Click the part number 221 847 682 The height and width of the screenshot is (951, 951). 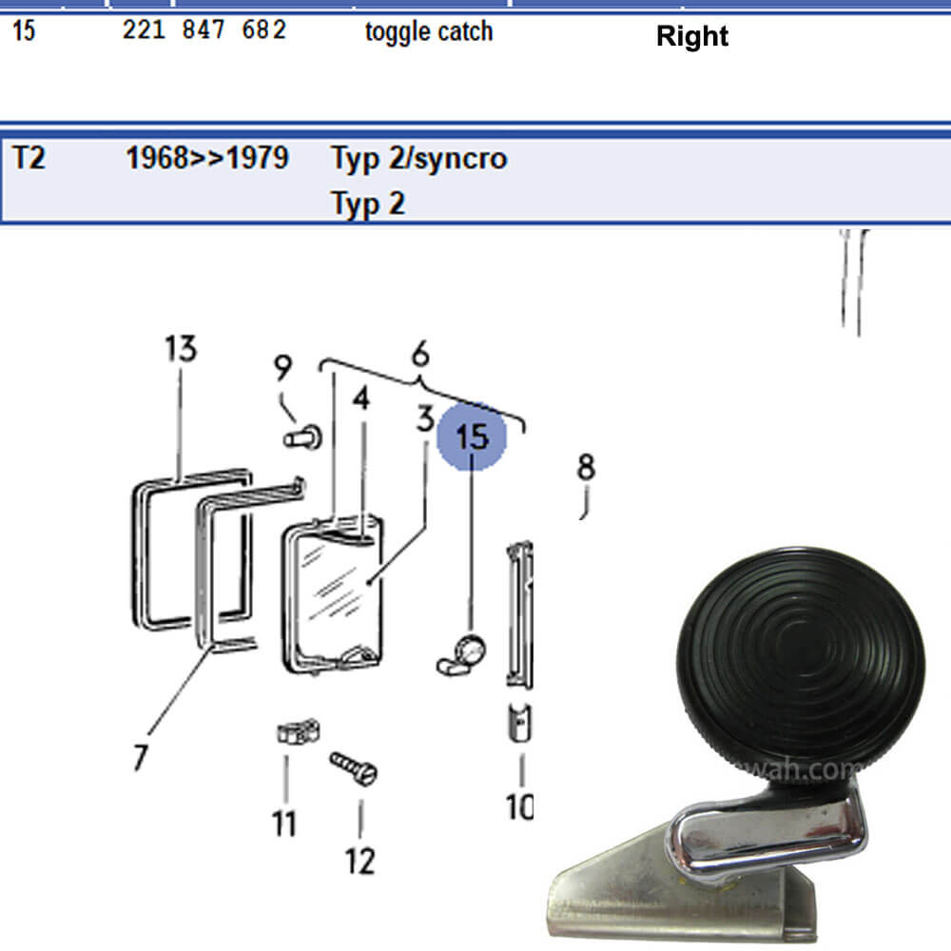pyautogui.click(x=204, y=30)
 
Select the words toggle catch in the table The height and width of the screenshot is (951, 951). pyautogui.click(x=429, y=31)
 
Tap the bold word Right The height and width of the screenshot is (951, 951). pyautogui.click(x=692, y=37)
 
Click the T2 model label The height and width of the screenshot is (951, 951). pyautogui.click(x=29, y=158)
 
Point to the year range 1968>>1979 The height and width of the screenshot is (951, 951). pyautogui.click(x=206, y=158)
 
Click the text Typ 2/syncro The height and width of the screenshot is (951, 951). pyautogui.click(x=418, y=158)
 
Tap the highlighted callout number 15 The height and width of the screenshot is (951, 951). pyautogui.click(x=473, y=437)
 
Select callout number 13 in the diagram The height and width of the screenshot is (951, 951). pyautogui.click(x=180, y=349)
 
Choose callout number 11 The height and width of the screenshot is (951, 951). pyautogui.click(x=284, y=823)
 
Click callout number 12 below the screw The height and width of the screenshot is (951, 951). pyautogui.click(x=360, y=861)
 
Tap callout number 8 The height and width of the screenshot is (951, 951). pyautogui.click(x=586, y=468)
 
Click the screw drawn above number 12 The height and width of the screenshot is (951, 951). pyautogui.click(x=354, y=767)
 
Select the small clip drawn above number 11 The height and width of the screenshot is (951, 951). pyautogui.click(x=297, y=733)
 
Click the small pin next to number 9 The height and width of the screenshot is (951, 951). pyautogui.click(x=303, y=438)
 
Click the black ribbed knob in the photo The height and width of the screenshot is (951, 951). pyautogui.click(x=800, y=657)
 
